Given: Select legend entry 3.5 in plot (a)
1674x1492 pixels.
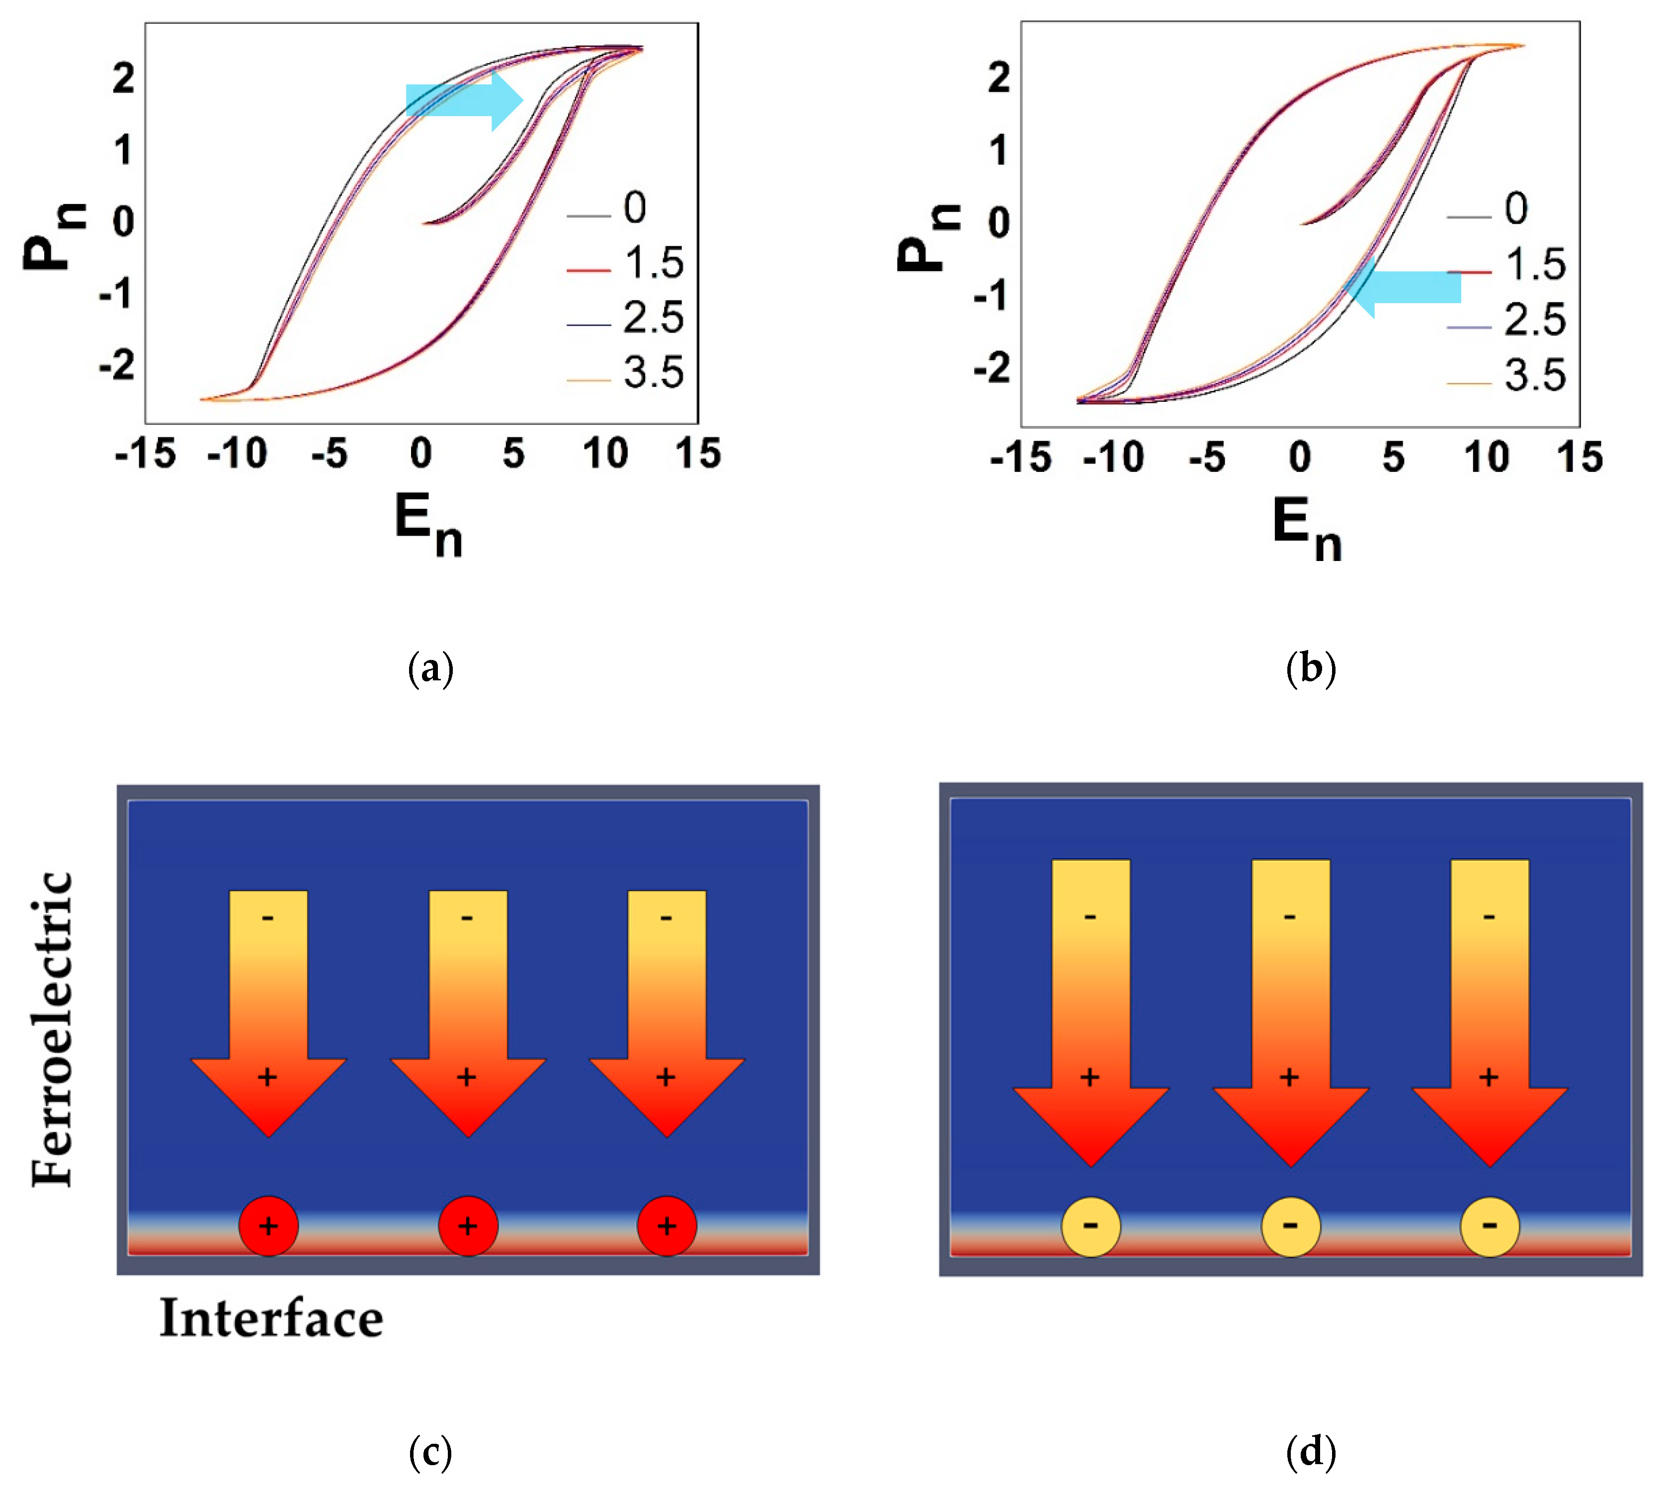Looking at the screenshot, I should (x=652, y=373).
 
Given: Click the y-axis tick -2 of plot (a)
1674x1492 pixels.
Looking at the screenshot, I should (x=117, y=365).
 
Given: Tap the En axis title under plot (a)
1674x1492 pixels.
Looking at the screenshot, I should (x=428, y=526).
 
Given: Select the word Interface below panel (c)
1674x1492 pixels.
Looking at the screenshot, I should (x=271, y=1319).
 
